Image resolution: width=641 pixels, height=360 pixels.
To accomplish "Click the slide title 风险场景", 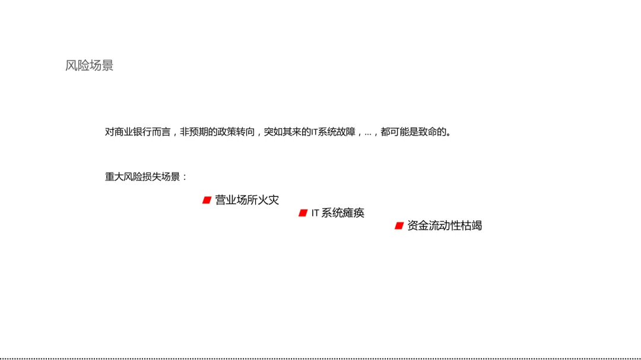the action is (89, 66).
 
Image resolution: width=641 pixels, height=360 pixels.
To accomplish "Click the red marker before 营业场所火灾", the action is (207, 200).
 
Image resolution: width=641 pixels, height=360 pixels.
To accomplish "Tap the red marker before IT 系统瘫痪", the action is (303, 213).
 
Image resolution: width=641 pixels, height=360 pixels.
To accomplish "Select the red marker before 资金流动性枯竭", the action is (399, 226).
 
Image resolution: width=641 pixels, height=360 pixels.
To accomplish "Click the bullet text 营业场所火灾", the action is (247, 200).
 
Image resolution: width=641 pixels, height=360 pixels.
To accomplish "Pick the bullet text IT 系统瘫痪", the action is (338, 213).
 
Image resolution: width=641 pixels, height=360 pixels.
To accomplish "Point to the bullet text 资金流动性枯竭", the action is (445, 226).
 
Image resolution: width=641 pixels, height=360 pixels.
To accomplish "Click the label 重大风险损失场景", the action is (142, 177).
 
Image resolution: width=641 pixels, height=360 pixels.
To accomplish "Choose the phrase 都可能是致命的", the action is (416, 132).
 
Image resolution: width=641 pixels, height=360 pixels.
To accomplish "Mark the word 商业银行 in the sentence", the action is (135, 132).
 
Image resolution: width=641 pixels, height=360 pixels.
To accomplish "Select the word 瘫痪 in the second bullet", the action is (354, 213).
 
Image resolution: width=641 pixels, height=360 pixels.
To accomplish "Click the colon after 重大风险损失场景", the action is (185, 177).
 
